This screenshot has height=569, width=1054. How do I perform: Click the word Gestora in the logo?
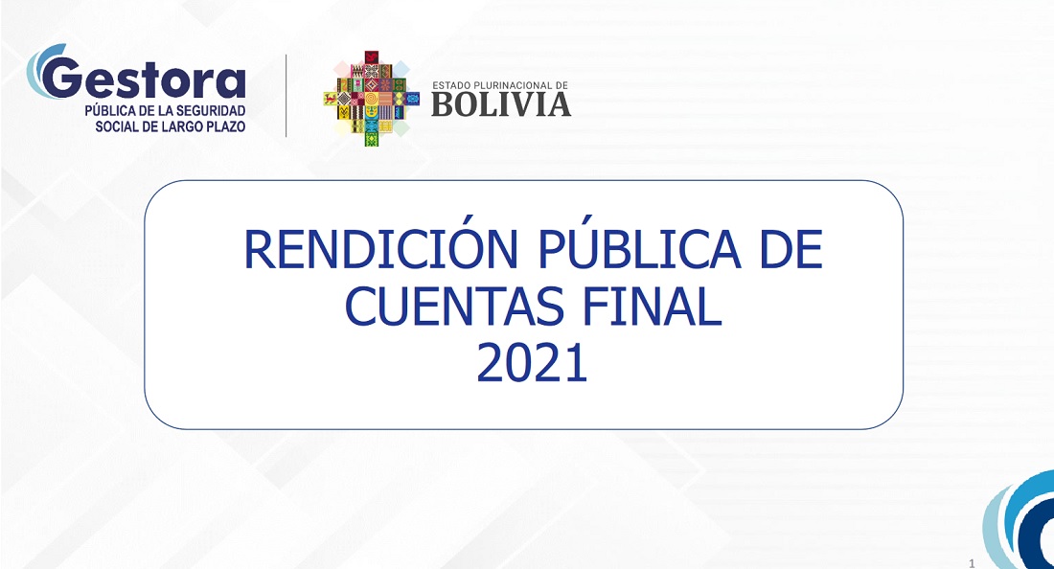tap(145, 79)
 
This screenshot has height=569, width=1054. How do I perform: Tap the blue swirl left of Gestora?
tap(39, 71)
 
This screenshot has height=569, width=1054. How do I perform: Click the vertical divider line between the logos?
tap(286, 96)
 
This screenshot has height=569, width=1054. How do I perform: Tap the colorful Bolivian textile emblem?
tap(371, 98)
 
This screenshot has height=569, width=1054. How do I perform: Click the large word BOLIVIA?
tap(501, 104)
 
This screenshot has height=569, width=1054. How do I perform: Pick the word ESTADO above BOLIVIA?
tap(451, 86)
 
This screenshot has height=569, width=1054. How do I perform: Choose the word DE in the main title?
tap(791, 249)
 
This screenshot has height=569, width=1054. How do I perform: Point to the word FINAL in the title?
tap(653, 307)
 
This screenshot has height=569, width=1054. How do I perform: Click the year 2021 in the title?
tap(533, 363)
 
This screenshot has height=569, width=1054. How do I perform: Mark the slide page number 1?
tap(972, 563)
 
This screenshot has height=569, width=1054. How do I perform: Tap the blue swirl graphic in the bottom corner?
tap(1020, 524)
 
